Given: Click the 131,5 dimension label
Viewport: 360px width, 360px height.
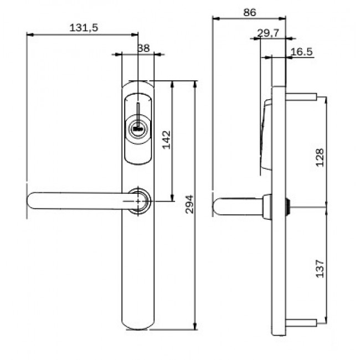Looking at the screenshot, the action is coord(84,28).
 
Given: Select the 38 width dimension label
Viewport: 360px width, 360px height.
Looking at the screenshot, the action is coord(143,48).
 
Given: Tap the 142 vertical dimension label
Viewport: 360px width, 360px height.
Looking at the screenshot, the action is coord(167,140).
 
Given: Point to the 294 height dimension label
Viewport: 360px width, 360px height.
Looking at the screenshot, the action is coord(189,204).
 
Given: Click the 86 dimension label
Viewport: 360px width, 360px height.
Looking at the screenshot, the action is coord(250,12).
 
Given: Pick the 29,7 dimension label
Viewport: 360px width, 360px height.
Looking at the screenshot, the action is coord(268,33).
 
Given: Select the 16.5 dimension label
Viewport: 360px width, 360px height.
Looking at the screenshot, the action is coord(301,52).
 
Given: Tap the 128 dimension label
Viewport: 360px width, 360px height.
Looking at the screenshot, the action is coord(320,157).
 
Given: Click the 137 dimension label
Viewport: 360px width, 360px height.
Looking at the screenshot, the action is coord(320,269).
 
